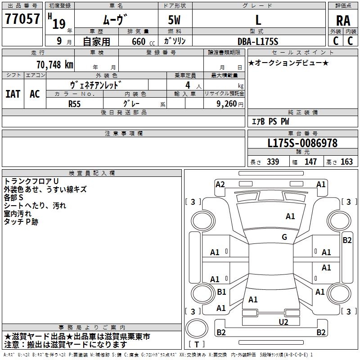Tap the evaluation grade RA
click(343, 20)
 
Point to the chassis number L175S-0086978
click(302, 144)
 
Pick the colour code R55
click(74, 103)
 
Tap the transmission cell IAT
click(13, 94)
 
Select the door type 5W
click(175, 20)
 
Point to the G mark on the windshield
click(284, 237)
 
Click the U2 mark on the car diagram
click(283, 322)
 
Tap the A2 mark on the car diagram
click(220, 184)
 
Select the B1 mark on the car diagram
click(221, 292)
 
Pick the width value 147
click(310, 162)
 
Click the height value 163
click(347, 162)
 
